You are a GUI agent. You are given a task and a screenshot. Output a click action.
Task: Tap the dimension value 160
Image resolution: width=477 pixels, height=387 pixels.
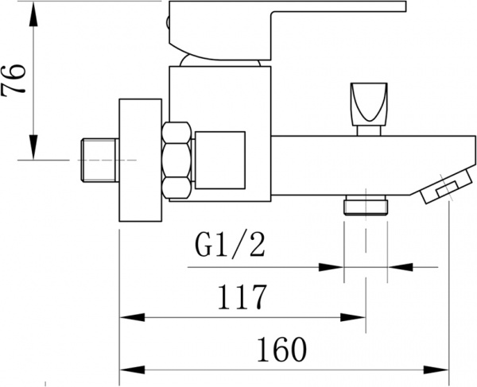(x=282, y=348)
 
